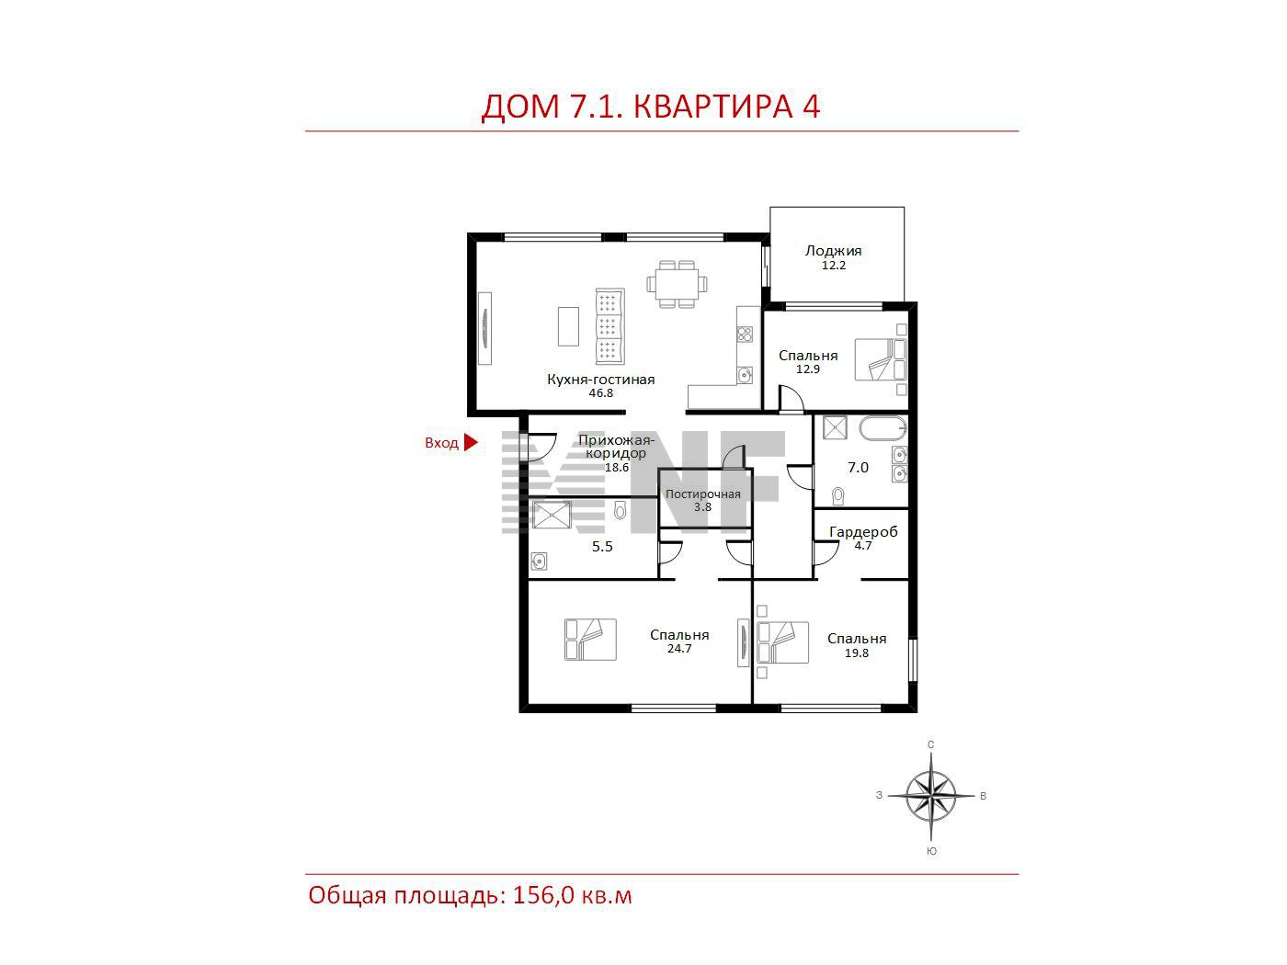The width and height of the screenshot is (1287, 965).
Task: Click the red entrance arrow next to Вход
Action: click(471, 442)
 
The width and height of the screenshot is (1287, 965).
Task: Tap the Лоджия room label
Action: click(833, 251)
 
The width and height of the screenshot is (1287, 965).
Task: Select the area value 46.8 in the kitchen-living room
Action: click(601, 393)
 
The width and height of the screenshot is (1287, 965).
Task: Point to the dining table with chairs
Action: click(677, 284)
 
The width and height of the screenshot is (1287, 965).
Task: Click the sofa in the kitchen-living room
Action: click(609, 325)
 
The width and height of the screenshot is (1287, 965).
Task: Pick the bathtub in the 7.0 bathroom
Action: click(883, 428)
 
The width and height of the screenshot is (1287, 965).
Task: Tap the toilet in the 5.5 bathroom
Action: click(621, 510)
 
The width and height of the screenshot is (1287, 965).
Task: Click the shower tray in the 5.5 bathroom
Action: click(551, 515)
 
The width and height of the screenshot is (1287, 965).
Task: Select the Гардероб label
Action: click(863, 532)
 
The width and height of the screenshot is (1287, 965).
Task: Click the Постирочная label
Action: click(702, 494)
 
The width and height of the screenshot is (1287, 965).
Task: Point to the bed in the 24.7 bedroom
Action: click(590, 640)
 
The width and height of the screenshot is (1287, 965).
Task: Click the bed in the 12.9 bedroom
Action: click(881, 359)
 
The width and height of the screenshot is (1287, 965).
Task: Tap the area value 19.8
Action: click(857, 653)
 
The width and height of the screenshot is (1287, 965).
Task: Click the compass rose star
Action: click(931, 796)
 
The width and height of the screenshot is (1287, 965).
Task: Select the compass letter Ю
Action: click(931, 852)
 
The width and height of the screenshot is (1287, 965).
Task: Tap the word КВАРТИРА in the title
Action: click(713, 107)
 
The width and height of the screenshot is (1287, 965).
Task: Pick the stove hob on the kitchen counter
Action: click(745, 335)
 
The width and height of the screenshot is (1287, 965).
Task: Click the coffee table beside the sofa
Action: click(568, 326)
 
